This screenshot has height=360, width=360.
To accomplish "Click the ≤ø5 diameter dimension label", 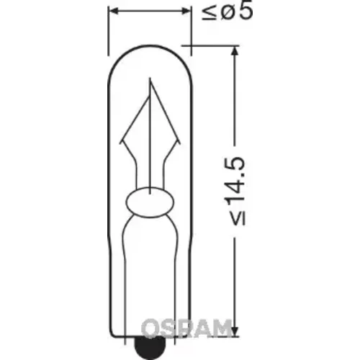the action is click(x=227, y=12).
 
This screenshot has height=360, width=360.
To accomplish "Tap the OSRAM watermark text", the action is click(x=186, y=327).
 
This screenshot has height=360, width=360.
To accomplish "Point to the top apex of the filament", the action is click(x=150, y=78).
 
